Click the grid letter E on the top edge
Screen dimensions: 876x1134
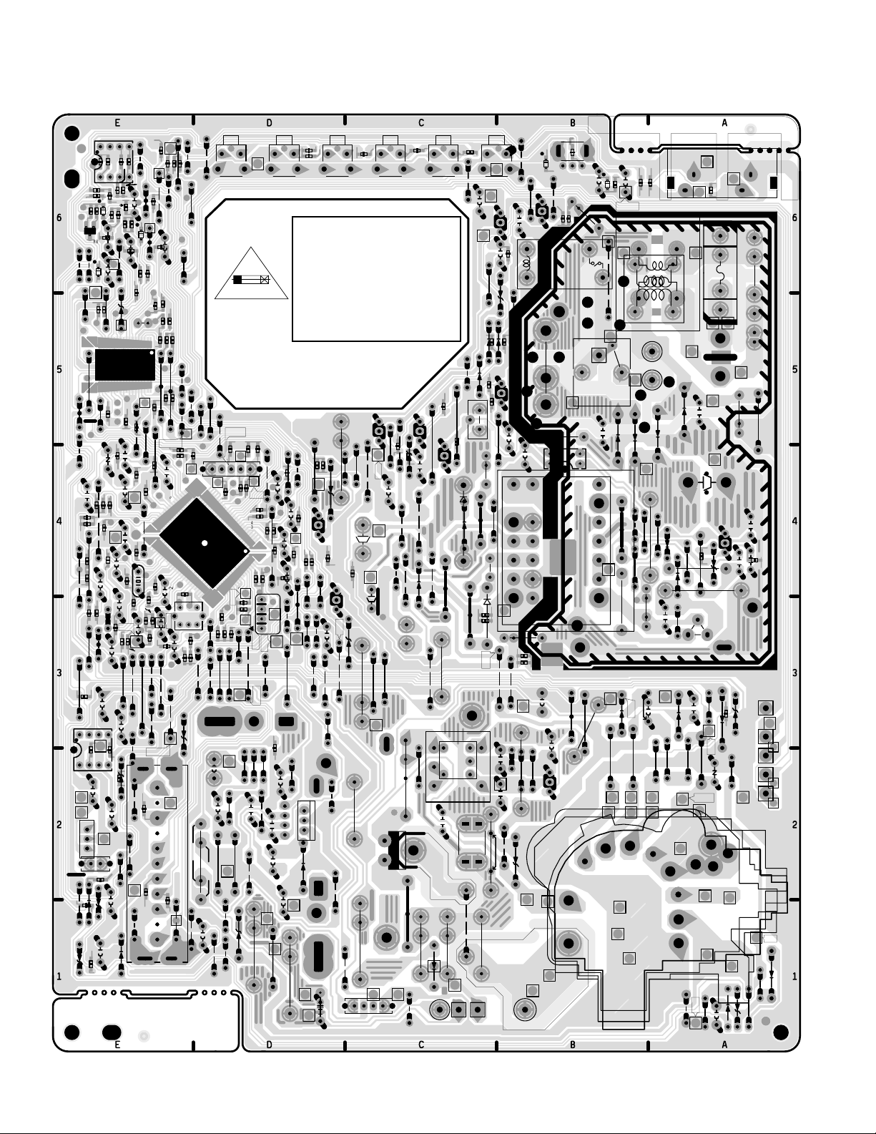click(x=117, y=123)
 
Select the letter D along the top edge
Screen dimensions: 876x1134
click(x=269, y=123)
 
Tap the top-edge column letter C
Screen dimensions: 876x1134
click(x=421, y=123)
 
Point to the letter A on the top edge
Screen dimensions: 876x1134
click(x=724, y=123)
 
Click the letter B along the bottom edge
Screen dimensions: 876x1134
click(x=573, y=1045)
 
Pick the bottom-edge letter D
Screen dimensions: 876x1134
click(x=269, y=1045)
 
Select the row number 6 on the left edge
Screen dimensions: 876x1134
click(x=59, y=218)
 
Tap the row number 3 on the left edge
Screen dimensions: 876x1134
click(x=59, y=673)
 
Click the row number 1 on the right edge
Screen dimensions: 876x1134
click(x=794, y=977)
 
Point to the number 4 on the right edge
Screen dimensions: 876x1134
click(x=794, y=522)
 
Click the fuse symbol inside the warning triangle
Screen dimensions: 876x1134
click(x=251, y=279)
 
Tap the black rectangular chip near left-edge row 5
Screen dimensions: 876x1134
click(x=124, y=365)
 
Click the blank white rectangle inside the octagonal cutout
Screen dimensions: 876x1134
click(x=376, y=279)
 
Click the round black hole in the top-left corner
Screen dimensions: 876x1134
click(x=71, y=134)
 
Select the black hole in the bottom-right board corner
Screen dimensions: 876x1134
click(x=781, y=1030)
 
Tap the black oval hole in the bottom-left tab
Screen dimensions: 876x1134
click(x=111, y=1032)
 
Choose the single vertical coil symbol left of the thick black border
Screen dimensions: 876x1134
click(x=528, y=263)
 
